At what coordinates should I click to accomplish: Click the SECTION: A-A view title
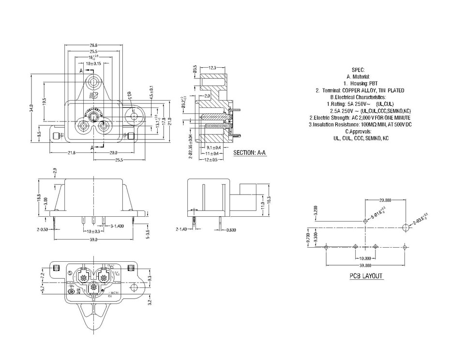250,152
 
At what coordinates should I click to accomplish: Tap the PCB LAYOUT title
366,276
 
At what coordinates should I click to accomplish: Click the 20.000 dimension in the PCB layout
385,200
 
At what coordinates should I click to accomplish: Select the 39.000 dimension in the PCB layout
365,266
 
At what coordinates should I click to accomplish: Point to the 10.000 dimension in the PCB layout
365,258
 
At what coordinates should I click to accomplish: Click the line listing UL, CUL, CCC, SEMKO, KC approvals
360,138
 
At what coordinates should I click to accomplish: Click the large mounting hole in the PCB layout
405,227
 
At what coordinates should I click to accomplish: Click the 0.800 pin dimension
231,230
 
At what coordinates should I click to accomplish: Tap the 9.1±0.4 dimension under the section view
214,147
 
